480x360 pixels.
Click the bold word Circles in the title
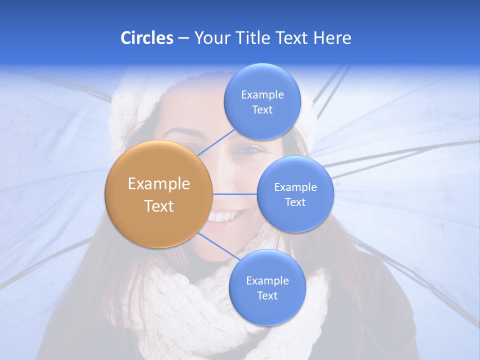coord(146,38)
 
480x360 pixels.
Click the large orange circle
coord(159,194)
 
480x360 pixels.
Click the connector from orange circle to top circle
coord(216,142)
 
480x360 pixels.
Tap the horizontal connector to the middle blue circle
coord(235,193)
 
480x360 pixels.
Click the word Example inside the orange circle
coord(159,183)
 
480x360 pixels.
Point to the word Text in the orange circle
coord(159,206)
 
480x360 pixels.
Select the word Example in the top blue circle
coord(262,94)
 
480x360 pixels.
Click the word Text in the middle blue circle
coord(295,202)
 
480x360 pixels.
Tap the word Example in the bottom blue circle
coord(267,280)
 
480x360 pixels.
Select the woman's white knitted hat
coord(125,115)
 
